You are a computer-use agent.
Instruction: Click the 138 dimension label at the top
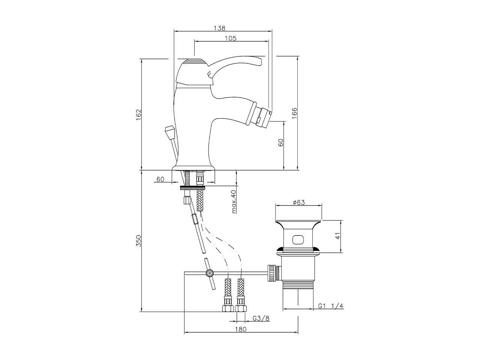[x=219, y=28]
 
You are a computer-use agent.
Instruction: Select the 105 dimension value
[x=230, y=38]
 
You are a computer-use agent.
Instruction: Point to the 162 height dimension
[x=138, y=114]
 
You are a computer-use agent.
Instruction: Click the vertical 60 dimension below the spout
[x=281, y=142]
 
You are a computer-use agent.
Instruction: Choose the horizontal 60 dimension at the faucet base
[x=160, y=179]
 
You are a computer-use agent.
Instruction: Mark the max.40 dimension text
[x=234, y=201]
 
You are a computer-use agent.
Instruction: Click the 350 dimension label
[x=138, y=241]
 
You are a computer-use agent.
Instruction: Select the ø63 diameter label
[x=298, y=202]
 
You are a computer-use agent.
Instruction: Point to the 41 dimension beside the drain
[x=337, y=236]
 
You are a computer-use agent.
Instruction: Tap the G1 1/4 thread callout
[x=331, y=306]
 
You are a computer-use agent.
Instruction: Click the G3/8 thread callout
[x=261, y=318]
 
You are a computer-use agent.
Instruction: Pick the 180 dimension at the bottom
[x=241, y=329]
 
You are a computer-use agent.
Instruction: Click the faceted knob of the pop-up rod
[x=169, y=132]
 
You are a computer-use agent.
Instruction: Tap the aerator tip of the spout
[x=263, y=115]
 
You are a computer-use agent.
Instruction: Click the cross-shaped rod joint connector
[x=209, y=273]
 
